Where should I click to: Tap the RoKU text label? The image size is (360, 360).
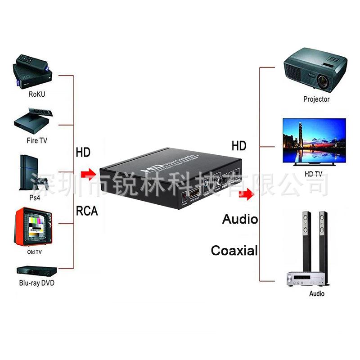tap(36, 94)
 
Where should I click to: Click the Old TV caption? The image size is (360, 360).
tap(35, 252)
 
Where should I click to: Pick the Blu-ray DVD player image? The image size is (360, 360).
tap(36, 270)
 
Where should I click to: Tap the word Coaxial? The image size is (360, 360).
tap(234, 250)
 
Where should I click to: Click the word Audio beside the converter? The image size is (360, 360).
tap(240, 219)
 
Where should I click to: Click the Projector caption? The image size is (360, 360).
tap(316, 99)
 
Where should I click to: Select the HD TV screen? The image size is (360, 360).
tap(314, 140)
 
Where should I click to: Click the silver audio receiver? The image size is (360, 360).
tap(306, 279)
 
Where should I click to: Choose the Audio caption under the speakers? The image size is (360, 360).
tap(316, 294)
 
